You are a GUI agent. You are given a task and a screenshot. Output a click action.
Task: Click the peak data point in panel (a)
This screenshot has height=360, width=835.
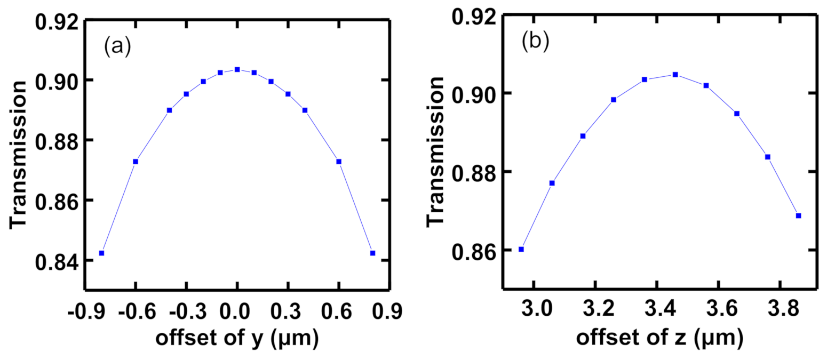[237, 69]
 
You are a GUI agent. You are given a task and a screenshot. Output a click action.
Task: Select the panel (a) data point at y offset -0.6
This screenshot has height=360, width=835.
[136, 162]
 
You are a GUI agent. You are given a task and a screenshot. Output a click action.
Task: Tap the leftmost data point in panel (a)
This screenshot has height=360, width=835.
[101, 253]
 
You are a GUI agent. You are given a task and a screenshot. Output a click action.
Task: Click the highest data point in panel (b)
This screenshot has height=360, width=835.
[675, 75]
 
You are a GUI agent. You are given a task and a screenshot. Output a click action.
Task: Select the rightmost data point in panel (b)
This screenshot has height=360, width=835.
[798, 215]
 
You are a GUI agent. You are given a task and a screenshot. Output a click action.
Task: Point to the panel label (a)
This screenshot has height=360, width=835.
[117, 47]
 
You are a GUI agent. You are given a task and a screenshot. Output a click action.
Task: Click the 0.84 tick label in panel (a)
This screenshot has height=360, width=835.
[57, 261]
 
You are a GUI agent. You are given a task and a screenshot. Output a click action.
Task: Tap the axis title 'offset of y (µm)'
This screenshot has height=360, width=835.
[237, 339]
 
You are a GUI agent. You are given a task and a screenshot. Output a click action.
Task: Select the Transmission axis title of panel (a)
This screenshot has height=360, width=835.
[19, 155]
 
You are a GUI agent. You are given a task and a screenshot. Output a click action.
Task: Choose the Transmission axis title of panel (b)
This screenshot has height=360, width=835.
[436, 150]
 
